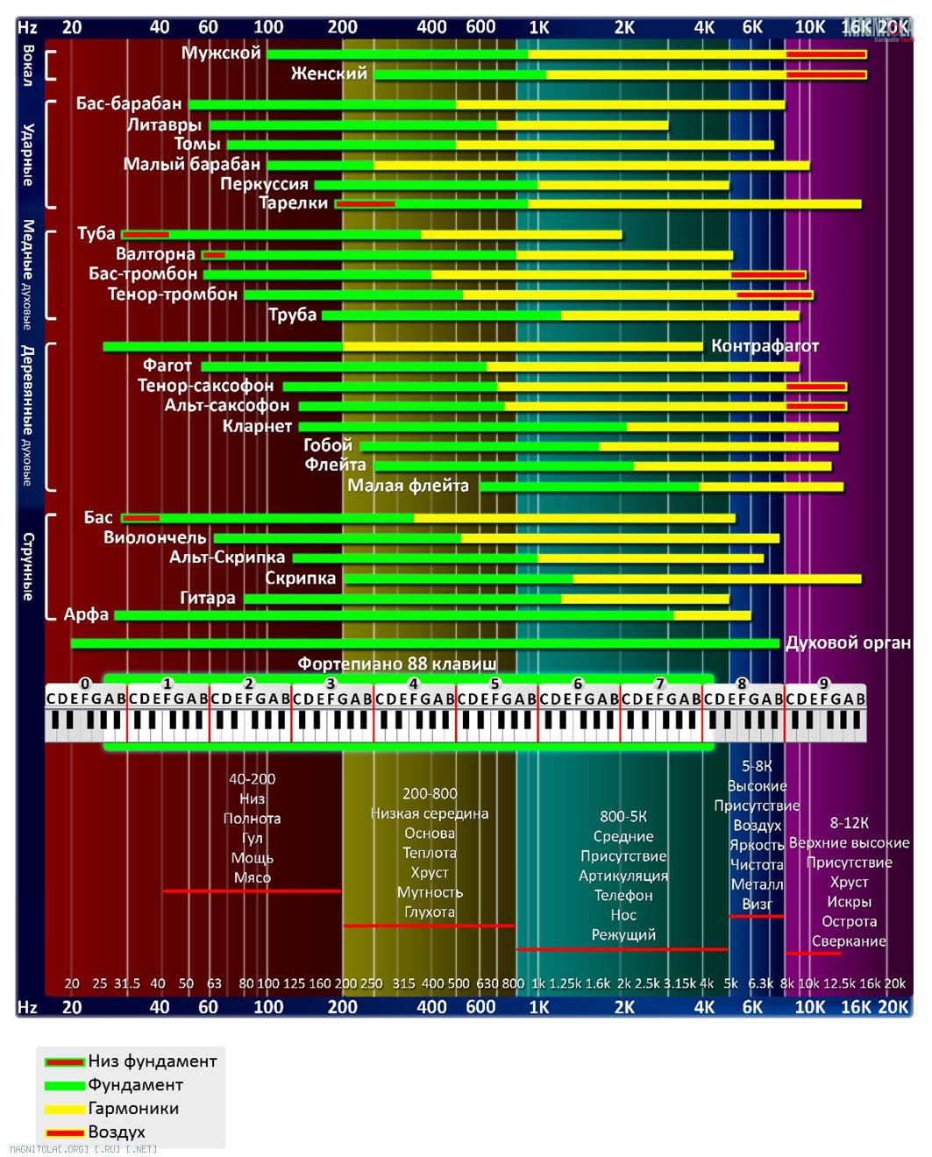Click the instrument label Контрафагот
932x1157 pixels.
click(x=765, y=346)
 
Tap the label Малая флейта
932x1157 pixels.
click(x=408, y=486)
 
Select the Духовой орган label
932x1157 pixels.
click(x=848, y=642)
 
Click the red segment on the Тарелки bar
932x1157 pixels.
click(x=366, y=204)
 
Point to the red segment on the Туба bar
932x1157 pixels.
click(x=146, y=235)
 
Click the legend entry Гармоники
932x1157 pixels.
click(x=133, y=1108)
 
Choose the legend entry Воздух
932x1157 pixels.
click(x=117, y=1132)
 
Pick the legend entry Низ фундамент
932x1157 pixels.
click(x=152, y=1061)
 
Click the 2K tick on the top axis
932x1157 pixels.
click(x=624, y=27)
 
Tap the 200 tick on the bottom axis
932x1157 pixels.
click(x=342, y=1006)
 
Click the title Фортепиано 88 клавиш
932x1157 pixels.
click(x=396, y=664)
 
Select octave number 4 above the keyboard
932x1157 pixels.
click(x=413, y=684)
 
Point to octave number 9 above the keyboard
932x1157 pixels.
click(x=823, y=684)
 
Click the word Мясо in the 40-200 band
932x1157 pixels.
click(x=253, y=877)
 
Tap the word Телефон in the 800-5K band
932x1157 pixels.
click(x=623, y=895)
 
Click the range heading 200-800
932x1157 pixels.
click(x=430, y=793)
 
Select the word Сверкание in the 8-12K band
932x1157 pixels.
click(x=849, y=941)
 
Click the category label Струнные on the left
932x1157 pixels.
click(x=28, y=566)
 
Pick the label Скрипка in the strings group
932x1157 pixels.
click(x=300, y=578)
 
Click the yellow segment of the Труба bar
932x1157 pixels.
click(x=679, y=316)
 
